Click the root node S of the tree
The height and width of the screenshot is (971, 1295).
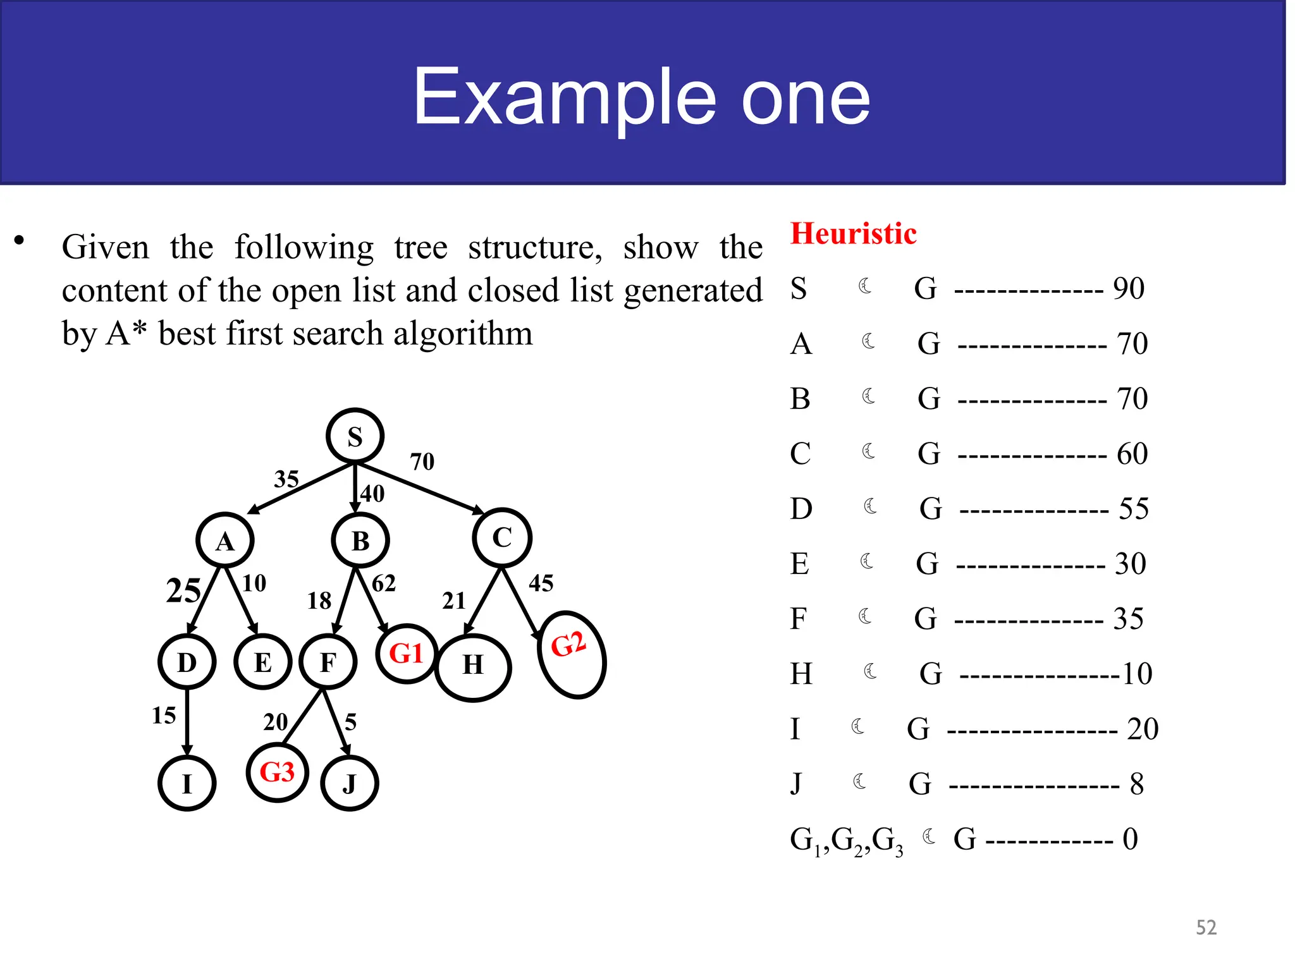point(355,436)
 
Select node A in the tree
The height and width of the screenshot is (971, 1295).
point(225,540)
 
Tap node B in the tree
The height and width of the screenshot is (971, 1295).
point(360,540)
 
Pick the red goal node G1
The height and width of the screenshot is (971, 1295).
point(407,654)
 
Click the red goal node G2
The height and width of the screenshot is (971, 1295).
point(571,654)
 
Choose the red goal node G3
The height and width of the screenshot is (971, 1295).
point(278,772)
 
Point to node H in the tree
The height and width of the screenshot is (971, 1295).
point(473,666)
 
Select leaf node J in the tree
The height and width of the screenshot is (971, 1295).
point(350,783)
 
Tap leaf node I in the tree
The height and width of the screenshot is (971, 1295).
point(187,783)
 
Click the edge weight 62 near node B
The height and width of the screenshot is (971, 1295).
point(384,583)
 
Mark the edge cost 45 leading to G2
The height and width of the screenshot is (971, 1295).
point(541,583)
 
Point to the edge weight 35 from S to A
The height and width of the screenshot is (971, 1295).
point(286,479)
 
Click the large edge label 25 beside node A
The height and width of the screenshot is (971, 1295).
point(183,591)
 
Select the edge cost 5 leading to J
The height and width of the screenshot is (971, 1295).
point(351,722)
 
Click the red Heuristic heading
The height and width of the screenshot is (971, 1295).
point(853,233)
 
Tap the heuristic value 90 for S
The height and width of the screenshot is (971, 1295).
point(1129,288)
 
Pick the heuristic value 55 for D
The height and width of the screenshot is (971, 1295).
point(1133,508)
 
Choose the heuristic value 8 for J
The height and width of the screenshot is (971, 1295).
point(1137,784)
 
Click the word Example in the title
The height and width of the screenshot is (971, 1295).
point(565,98)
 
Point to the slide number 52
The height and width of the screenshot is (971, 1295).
point(1206,927)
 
